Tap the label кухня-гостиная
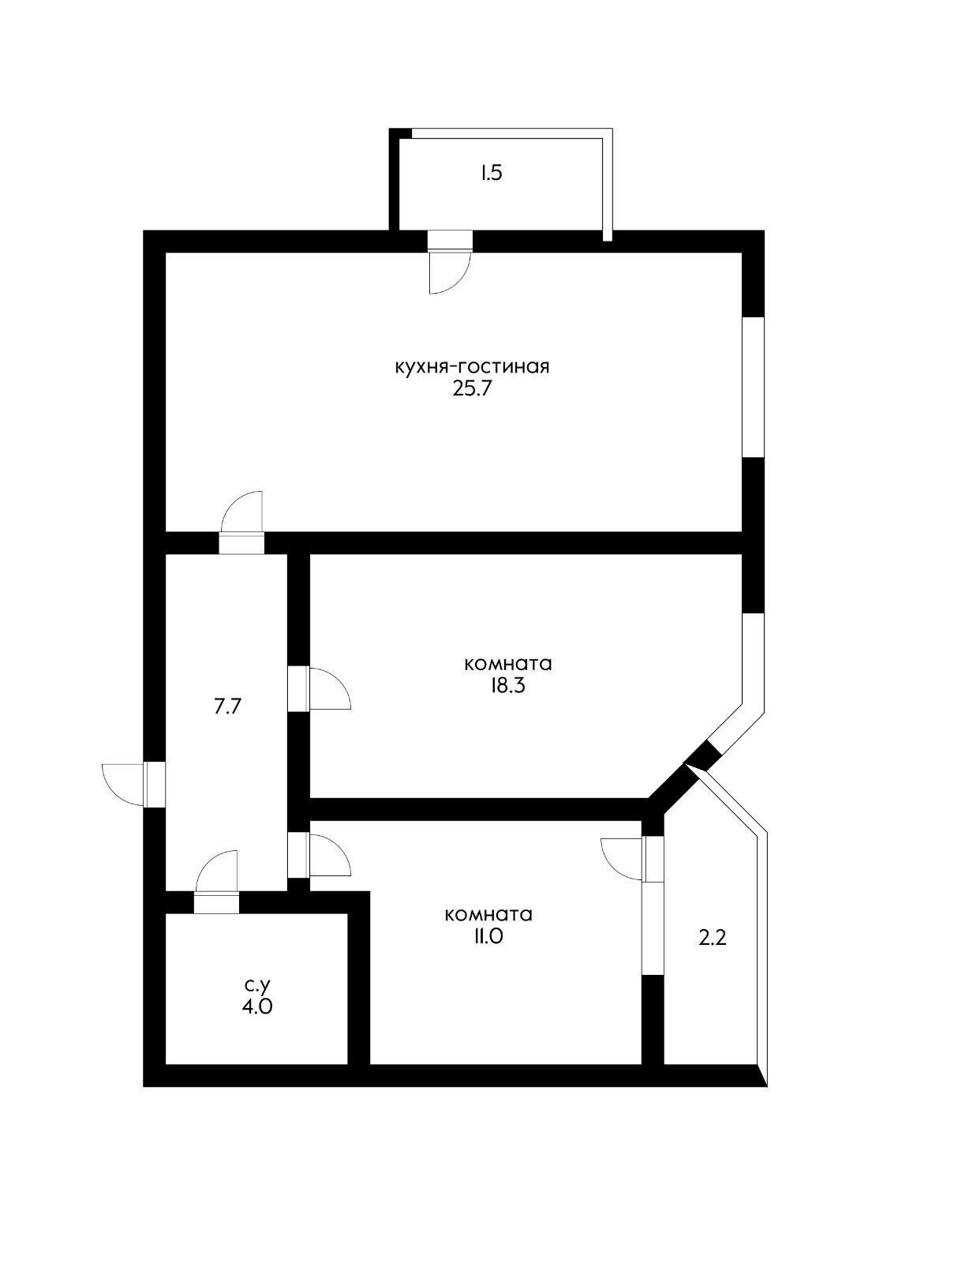point(472,367)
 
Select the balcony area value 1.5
point(491,173)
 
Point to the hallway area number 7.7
point(226,706)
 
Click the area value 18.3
point(507,685)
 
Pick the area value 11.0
point(488,937)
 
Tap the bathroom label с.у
point(257,985)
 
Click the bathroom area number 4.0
point(257,1007)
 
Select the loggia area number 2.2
point(712,938)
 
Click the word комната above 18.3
point(507,663)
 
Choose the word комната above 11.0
point(488,915)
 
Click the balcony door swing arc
point(446,273)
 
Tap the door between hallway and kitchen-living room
point(241,517)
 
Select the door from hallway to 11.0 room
point(327,854)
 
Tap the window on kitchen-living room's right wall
point(754,387)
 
